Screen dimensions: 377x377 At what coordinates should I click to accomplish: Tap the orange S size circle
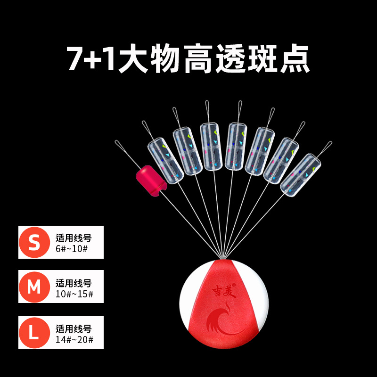tap(34, 242)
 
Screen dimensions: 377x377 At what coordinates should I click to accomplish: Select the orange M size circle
tap(34, 287)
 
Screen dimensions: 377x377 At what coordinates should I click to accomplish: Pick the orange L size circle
tap(34, 332)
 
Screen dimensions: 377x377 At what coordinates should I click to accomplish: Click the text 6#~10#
tap(71, 249)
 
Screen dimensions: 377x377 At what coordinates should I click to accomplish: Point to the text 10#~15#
tap(74, 294)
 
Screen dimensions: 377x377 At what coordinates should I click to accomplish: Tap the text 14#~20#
tap(74, 339)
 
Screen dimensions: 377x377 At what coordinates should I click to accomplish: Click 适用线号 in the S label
tap(74, 238)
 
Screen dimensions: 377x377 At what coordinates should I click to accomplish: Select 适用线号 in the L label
tap(74, 329)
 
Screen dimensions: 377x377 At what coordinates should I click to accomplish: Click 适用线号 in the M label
tap(74, 283)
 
